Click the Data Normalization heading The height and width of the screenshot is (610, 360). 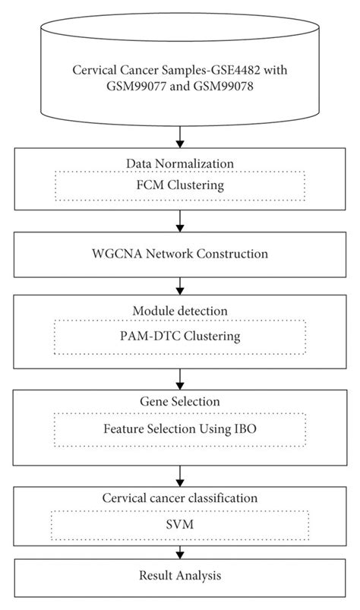[180, 163]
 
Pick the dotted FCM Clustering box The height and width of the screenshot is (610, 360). [180, 185]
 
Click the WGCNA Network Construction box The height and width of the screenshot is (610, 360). [180, 254]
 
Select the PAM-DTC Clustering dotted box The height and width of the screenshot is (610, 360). [180, 334]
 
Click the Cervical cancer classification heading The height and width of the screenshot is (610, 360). [180, 498]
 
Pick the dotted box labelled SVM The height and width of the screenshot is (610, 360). [180, 525]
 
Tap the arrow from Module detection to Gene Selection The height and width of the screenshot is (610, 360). [180, 378]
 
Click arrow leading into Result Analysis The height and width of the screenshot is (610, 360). [180, 552]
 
